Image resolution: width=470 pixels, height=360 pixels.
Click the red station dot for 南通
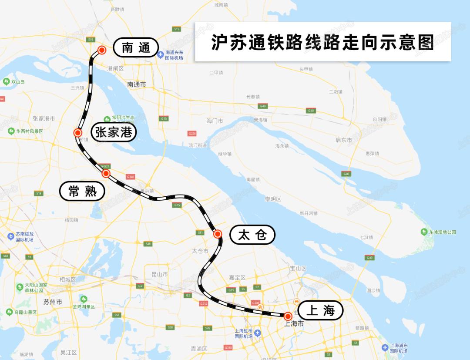[x=102, y=50]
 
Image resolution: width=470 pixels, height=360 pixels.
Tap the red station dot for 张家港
[x=78, y=133]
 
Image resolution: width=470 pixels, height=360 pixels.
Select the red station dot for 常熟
[x=106, y=174]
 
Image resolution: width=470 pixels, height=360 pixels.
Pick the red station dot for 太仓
[x=218, y=234]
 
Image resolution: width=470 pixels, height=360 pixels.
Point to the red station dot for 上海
[x=288, y=316]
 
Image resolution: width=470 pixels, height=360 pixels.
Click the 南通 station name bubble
[x=135, y=47]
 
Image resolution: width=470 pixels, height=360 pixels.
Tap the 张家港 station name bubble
[x=114, y=132]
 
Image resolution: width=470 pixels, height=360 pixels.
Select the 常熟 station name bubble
[x=82, y=191]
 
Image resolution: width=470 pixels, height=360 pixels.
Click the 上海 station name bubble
[x=320, y=310]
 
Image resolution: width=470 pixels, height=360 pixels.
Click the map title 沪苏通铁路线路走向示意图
[x=322, y=42]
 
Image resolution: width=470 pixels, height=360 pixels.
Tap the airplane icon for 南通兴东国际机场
[x=160, y=54]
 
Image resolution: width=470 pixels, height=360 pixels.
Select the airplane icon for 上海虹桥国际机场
[x=258, y=333]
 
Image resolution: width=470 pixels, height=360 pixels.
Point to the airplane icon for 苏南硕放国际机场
[x=11, y=236]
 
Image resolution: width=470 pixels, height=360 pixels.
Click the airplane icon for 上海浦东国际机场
[x=385, y=347]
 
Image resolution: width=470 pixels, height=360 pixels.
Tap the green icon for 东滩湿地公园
[x=424, y=232]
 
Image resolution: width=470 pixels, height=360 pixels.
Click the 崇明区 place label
[x=273, y=199]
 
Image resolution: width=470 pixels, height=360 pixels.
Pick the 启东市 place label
[x=344, y=140]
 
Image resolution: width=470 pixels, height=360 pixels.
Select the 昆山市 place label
[x=159, y=274]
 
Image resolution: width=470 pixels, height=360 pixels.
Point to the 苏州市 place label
[x=53, y=302]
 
